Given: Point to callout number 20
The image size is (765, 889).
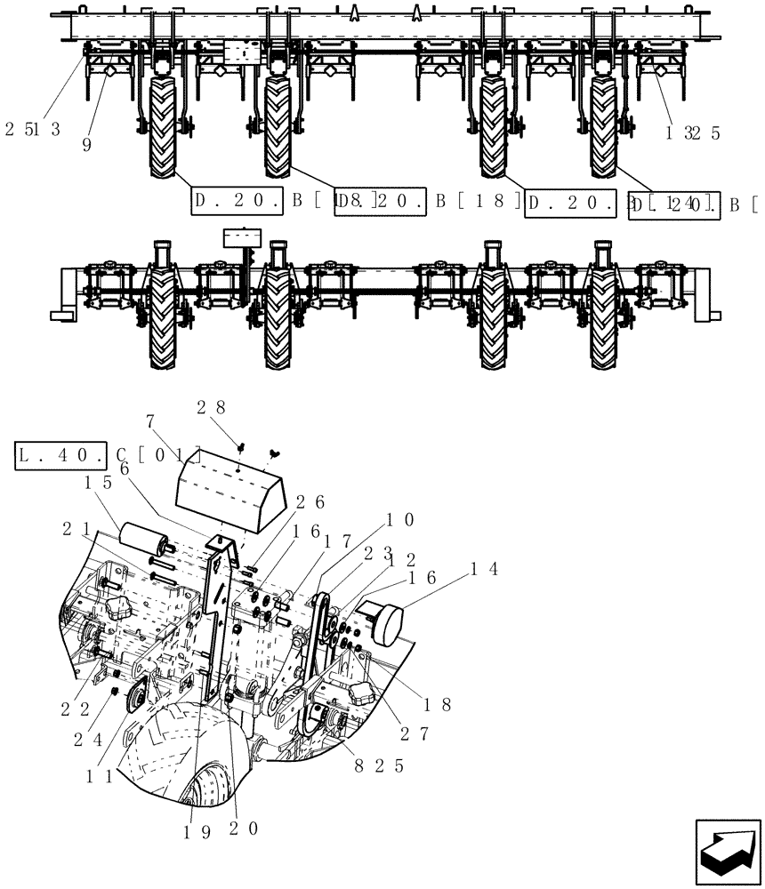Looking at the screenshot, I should pyautogui.click(x=246, y=829).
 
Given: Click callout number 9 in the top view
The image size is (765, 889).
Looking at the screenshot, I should pyautogui.click(x=86, y=145).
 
